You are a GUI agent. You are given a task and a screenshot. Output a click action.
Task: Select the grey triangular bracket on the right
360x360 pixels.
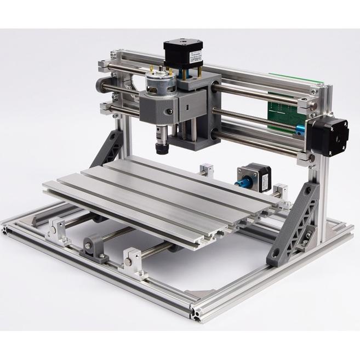coord(296,224)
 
